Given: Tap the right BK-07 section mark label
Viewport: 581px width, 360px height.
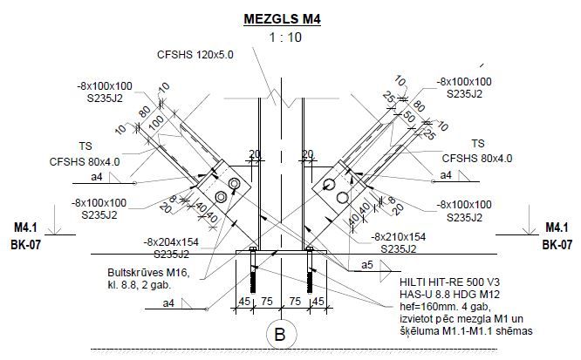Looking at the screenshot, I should coord(557,245).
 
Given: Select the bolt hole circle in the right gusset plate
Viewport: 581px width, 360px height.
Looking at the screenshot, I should coord(331,185).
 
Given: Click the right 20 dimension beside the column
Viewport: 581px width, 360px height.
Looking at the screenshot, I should coord(307,154).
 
